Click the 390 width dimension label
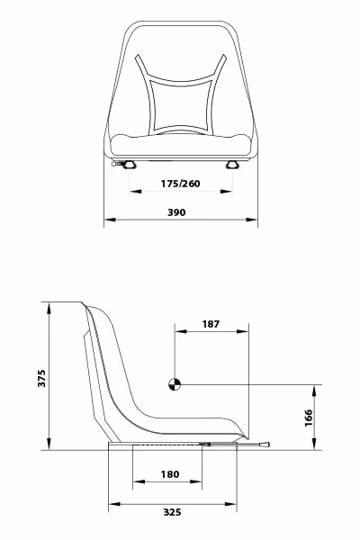point(176,212)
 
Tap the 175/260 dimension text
point(180,184)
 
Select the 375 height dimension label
point(41,378)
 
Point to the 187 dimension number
point(211,324)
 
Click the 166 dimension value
point(309,418)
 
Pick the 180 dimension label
point(170,474)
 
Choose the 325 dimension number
point(172,512)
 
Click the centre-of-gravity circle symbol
point(175,384)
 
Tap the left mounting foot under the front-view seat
point(130,166)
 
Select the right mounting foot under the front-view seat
point(232,166)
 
